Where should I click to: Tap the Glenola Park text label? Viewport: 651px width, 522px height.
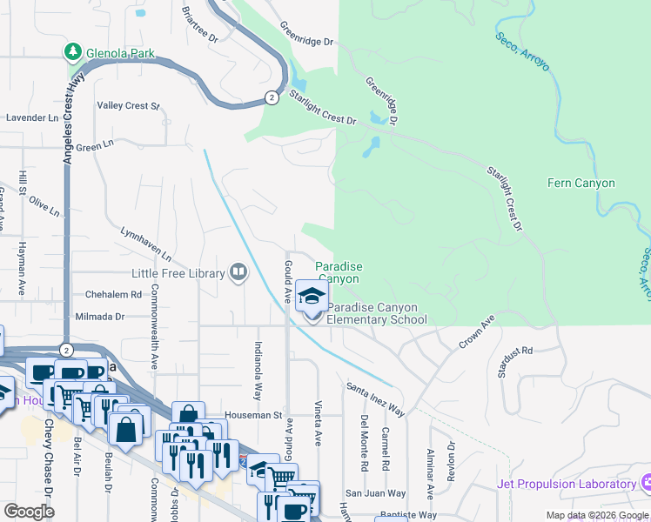pyautogui.click(x=120, y=54)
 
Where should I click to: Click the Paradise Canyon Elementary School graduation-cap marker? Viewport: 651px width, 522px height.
pyautogui.click(x=311, y=297)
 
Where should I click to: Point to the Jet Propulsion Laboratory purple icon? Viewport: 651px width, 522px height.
pyautogui.click(x=645, y=483)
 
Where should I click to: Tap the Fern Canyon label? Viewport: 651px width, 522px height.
pyautogui.click(x=581, y=184)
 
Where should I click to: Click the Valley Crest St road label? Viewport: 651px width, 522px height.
pyautogui.click(x=128, y=106)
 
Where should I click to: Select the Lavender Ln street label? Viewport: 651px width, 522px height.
pyautogui.click(x=32, y=117)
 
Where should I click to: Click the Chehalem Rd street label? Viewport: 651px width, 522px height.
pyautogui.click(x=113, y=295)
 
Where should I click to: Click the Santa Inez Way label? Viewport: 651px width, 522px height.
pyautogui.click(x=375, y=397)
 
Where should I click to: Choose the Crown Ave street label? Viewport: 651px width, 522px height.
pyautogui.click(x=477, y=333)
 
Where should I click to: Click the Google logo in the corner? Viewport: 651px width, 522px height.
pyautogui.click(x=29, y=512)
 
